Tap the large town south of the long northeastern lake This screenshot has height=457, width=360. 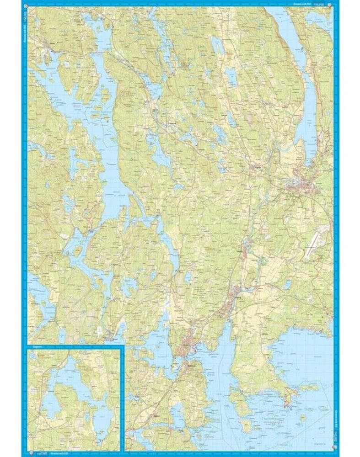point(300,185)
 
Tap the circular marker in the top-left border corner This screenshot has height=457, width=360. point(30,5)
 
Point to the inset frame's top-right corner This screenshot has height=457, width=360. point(123,346)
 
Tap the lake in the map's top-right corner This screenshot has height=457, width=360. point(320,18)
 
